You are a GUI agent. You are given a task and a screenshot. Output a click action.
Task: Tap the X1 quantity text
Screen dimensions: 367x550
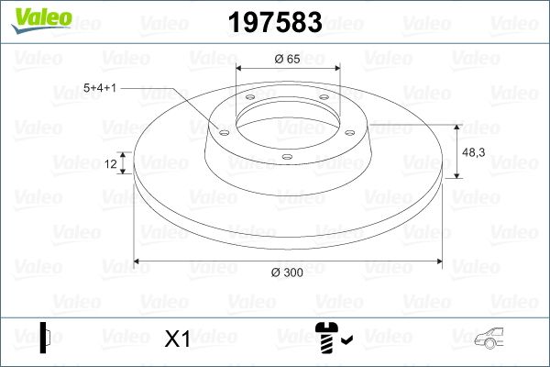point(176,339)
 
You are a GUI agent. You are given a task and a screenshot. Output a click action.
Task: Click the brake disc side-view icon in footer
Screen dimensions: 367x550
point(45,338)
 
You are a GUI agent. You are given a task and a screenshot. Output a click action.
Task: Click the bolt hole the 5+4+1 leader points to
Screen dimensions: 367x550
point(223,130)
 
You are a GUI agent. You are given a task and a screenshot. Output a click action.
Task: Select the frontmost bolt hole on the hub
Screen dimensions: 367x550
point(286,157)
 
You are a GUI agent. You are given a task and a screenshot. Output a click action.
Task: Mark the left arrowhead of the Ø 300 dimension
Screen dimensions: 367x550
point(138,261)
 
